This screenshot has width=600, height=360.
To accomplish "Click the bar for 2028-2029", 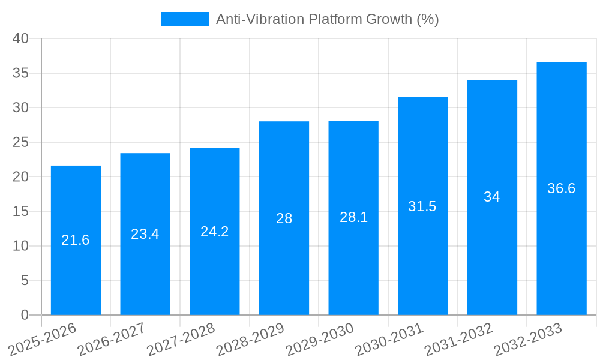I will [284, 264].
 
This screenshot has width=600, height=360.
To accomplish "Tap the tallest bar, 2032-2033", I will [562, 240].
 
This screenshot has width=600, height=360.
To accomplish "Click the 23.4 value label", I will [145, 234].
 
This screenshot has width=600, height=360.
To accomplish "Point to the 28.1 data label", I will [353, 217].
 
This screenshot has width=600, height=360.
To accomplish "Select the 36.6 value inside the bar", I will [562, 188].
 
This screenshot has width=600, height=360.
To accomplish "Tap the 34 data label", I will [492, 197].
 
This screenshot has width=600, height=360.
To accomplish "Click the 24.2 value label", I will [215, 232].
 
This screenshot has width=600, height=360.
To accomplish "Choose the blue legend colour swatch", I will [185, 19].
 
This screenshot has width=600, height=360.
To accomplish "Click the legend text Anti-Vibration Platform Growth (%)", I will [328, 19].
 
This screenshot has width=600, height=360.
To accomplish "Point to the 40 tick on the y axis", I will [21, 38].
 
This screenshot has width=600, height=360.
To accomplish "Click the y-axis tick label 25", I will [21, 142].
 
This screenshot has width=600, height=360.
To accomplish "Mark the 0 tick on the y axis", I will [25, 315].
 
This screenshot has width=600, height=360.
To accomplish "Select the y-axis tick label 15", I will [21, 211].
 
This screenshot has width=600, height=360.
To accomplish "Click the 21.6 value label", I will [76, 240].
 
